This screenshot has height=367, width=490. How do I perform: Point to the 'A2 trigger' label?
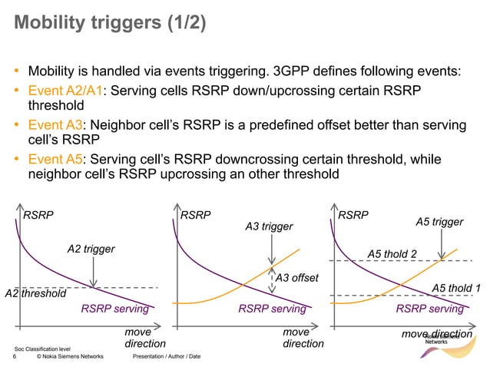tap(91, 249)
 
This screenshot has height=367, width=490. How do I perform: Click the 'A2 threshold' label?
tap(35, 293)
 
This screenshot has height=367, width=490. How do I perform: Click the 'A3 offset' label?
tap(296, 277)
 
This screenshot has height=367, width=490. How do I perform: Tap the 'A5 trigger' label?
tap(439, 222)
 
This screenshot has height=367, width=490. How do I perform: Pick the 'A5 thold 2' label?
tap(392, 253)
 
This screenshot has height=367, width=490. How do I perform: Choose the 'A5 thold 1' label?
tap(455, 287)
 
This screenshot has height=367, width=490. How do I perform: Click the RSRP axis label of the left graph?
tap(38, 216)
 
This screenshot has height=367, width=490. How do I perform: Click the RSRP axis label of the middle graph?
tap(195, 216)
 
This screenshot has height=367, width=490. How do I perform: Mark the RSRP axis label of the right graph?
tap(354, 216)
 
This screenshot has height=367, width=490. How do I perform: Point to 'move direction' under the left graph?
tap(145, 338)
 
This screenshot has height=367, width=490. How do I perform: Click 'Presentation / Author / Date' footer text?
tap(167, 357)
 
